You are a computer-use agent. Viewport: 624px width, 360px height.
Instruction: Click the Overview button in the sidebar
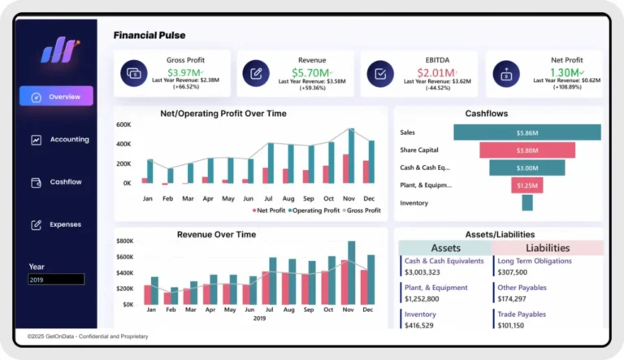click(x=56, y=97)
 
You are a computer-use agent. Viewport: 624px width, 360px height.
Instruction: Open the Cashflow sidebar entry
click(x=57, y=182)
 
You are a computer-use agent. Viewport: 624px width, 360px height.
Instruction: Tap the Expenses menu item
click(x=57, y=224)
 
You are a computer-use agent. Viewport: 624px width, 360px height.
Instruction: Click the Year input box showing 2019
click(x=56, y=280)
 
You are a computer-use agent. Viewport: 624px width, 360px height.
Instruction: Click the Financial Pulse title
click(x=149, y=36)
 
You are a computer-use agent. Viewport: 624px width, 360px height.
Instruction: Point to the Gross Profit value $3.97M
click(x=184, y=72)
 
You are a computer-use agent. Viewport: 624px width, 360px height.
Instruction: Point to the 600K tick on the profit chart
click(x=124, y=125)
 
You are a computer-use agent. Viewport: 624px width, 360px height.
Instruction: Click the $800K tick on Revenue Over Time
click(x=124, y=241)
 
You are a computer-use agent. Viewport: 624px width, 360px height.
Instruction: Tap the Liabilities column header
click(x=548, y=248)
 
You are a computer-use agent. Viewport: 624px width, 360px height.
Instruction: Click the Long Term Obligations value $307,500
click(x=512, y=272)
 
